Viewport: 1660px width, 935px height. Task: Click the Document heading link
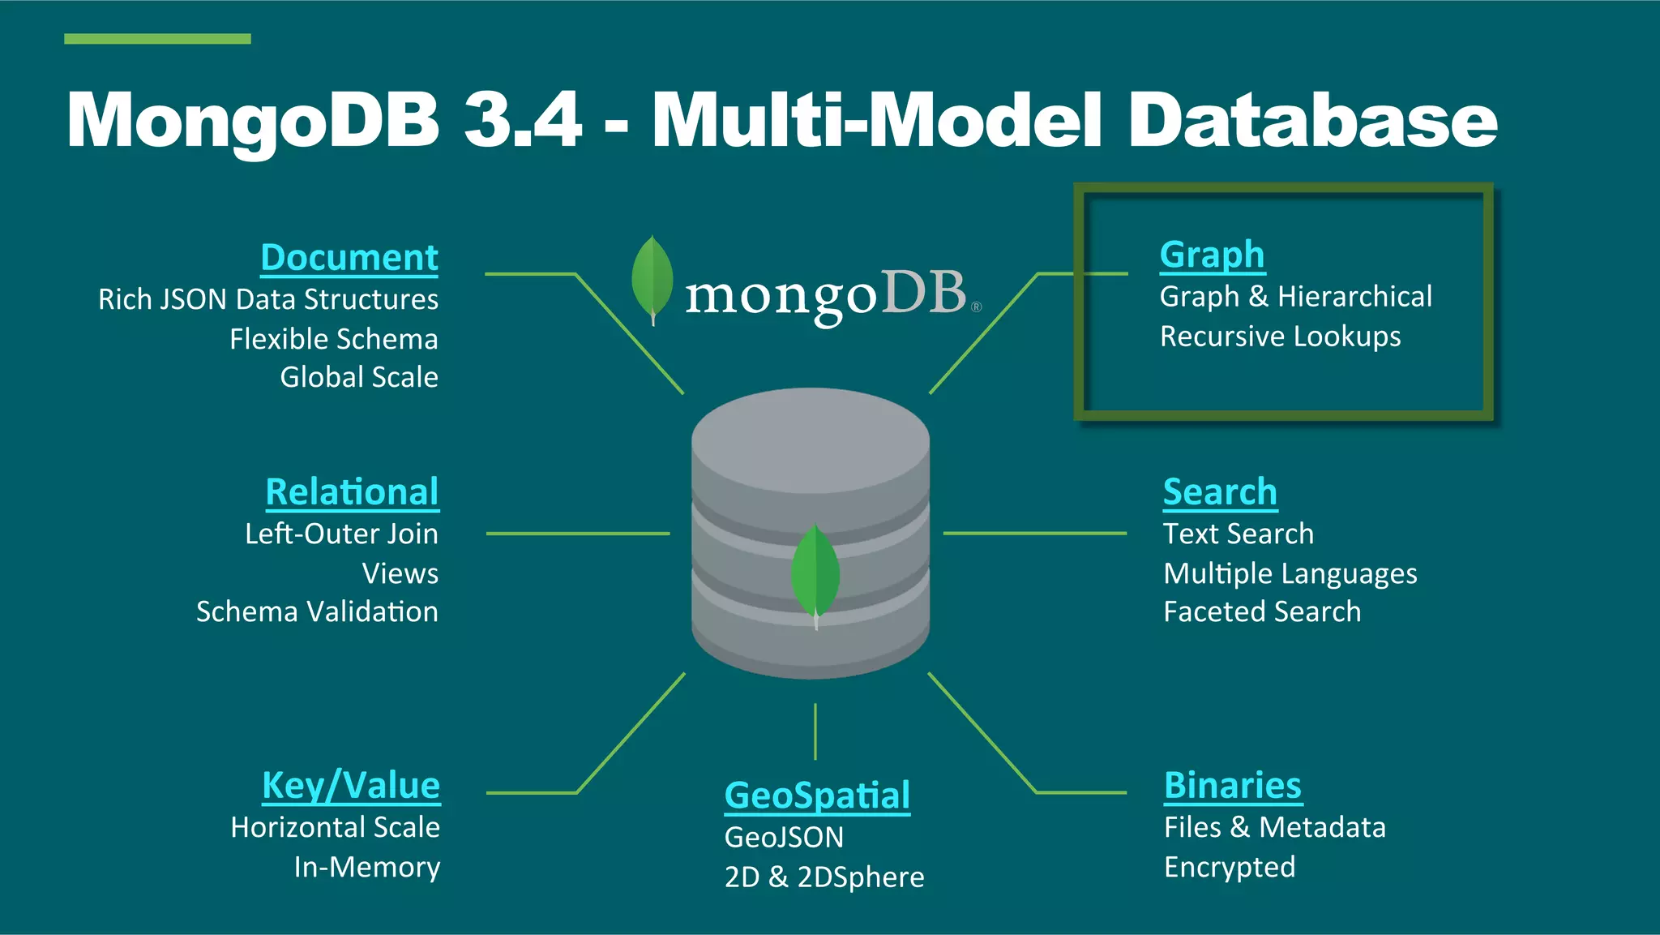tap(349, 258)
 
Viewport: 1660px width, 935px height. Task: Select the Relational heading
tap(352, 492)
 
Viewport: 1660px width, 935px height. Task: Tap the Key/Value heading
tap(351, 786)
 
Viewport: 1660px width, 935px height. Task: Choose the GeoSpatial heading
tap(817, 796)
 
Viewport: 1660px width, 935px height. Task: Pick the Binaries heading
tap(1233, 786)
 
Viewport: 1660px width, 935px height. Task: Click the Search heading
tap(1220, 492)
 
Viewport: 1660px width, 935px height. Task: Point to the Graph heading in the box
tap(1212, 255)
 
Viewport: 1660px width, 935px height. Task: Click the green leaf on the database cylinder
tap(815, 573)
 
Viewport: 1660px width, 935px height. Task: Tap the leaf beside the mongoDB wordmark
tap(652, 278)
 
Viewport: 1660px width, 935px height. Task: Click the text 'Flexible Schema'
tap(333, 339)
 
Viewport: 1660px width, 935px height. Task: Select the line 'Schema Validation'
tap(317, 611)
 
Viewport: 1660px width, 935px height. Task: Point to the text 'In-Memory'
tap(366, 867)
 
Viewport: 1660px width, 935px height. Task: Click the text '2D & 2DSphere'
tap(824, 877)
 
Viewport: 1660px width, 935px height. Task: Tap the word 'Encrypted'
tap(1229, 867)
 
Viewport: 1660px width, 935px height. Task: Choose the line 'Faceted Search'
tap(1262, 611)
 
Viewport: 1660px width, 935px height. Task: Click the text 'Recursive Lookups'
tap(1280, 337)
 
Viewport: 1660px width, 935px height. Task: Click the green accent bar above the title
tap(157, 39)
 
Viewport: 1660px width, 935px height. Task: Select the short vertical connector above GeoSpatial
tap(815, 731)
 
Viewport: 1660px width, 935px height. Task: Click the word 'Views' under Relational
tap(400, 573)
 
